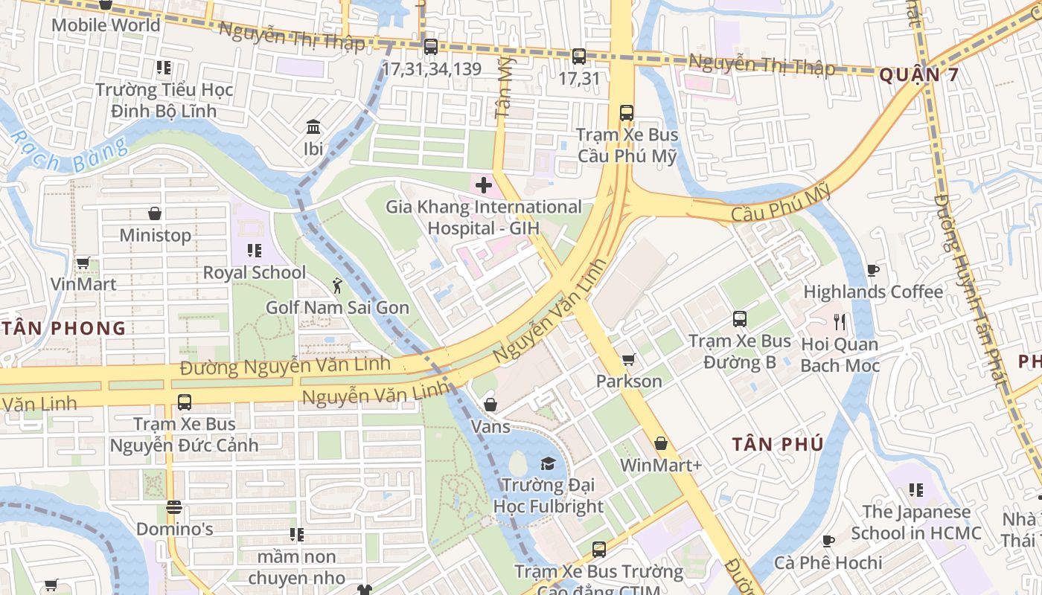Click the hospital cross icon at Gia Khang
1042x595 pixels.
484,184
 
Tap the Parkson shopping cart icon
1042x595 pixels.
628,360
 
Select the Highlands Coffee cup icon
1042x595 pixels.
873,270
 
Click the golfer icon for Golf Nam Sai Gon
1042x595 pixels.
337,285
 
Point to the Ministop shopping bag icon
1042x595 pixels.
155,213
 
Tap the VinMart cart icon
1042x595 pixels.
83,263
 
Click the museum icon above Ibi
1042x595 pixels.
313,126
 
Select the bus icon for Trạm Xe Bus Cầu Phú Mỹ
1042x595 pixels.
627,113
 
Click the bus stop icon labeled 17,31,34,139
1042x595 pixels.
430,47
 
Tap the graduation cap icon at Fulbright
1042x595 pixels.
548,463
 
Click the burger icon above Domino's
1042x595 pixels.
174,507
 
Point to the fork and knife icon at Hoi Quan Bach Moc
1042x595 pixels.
840,322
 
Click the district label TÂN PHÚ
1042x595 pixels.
778,444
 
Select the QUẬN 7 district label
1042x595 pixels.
918,75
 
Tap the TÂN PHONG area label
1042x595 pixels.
63,328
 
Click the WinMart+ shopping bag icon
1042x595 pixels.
661,444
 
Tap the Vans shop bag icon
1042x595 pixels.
490,405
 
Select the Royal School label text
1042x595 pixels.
255,272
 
